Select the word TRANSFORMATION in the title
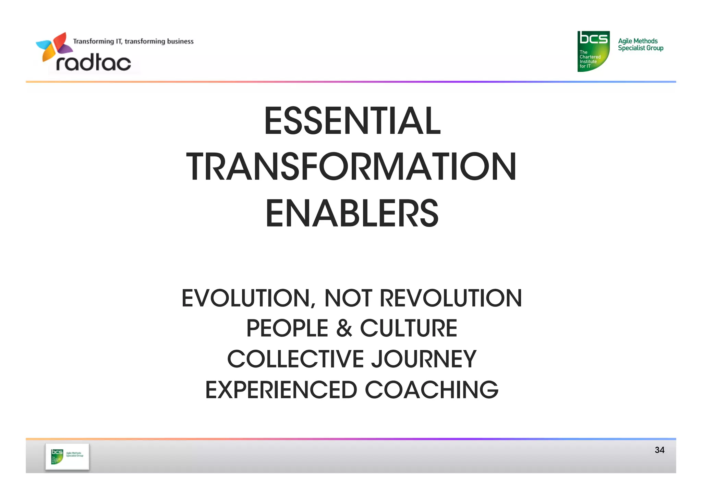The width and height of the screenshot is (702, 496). click(x=351, y=167)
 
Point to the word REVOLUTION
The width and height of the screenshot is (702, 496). click(x=451, y=298)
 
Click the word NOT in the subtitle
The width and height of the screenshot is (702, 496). click(x=348, y=298)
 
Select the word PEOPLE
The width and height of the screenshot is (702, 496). click(x=287, y=328)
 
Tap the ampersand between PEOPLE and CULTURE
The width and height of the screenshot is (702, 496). click(x=344, y=328)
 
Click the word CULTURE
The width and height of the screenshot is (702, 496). click(x=408, y=328)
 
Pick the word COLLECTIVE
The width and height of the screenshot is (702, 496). click(x=295, y=359)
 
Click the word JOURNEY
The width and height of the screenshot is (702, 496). click(x=424, y=359)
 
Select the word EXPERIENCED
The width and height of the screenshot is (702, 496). click(x=281, y=390)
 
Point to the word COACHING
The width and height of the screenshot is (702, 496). click(x=431, y=390)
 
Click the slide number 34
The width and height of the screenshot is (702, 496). click(x=659, y=450)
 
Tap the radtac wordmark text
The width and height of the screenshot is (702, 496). click(x=94, y=63)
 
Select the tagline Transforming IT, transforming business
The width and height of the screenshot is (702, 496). click(x=133, y=41)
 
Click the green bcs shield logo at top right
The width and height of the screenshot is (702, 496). click(x=593, y=51)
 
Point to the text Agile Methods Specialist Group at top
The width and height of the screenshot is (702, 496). click(x=640, y=45)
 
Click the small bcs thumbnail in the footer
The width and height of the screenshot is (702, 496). click(x=67, y=457)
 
